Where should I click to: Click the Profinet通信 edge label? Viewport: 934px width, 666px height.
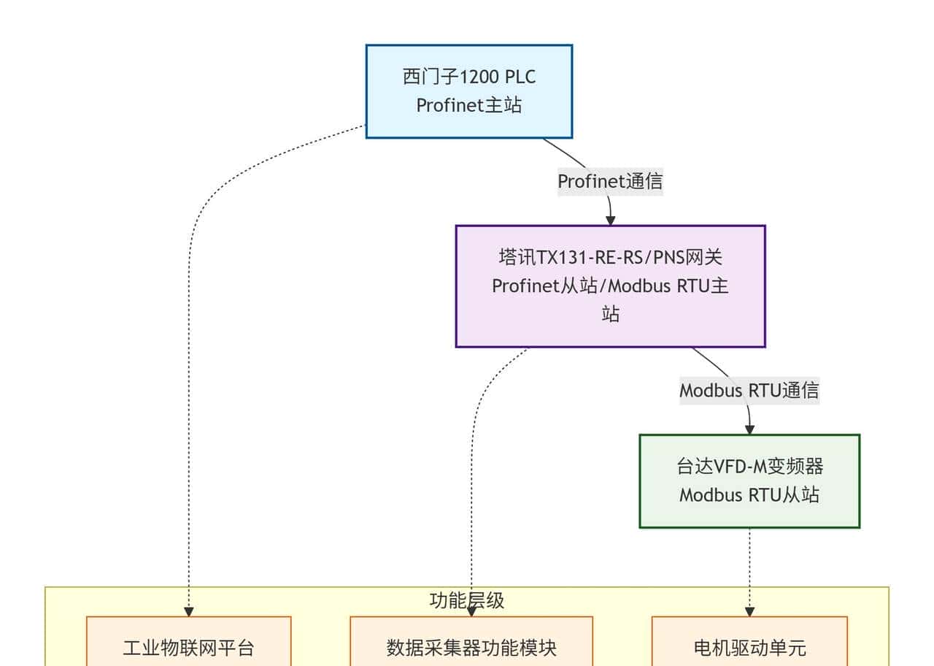(x=610, y=181)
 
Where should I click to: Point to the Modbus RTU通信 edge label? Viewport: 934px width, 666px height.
(x=749, y=390)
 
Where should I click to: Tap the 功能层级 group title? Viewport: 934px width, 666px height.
(x=466, y=600)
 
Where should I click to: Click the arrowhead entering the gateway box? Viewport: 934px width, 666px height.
(x=611, y=220)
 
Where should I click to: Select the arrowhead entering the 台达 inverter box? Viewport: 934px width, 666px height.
(x=749, y=429)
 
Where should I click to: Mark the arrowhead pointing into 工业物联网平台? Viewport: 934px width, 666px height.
(x=188, y=611)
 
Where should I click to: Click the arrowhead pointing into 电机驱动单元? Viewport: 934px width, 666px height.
(x=749, y=611)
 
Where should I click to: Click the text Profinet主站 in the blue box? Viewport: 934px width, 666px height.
(x=468, y=105)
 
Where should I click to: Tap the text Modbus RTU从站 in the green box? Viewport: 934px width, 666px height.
(x=749, y=495)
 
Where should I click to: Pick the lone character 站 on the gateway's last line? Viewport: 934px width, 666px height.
(x=610, y=314)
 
